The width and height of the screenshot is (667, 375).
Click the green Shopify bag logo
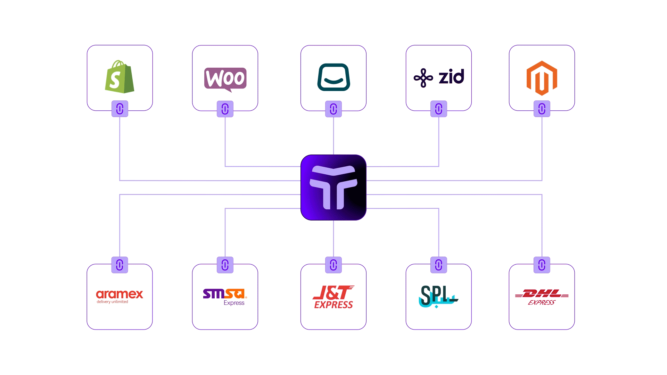pos(120,77)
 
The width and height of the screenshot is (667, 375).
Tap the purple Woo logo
pos(225,78)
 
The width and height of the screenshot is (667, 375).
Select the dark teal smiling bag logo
pos(333,77)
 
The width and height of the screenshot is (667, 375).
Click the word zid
pos(451,77)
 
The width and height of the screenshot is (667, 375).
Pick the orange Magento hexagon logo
pos(542,78)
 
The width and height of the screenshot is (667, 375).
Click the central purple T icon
pos(333,187)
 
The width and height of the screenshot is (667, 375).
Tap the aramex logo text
pos(120,294)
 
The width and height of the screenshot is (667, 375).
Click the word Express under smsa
pos(234,303)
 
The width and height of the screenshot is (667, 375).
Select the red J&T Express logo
pos(333,297)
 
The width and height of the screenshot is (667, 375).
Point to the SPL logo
pos(438,296)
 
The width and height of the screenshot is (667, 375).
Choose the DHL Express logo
pos(542,297)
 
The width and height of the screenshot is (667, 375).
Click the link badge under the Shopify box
pos(120,109)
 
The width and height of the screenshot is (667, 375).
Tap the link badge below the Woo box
pos(225,109)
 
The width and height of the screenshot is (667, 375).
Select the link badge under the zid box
pos(439,109)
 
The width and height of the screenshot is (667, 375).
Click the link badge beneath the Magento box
pos(542,109)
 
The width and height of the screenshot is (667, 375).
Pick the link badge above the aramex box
pos(120,265)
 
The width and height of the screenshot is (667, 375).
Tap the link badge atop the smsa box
pos(225,265)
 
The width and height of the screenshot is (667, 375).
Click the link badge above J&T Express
pos(333,265)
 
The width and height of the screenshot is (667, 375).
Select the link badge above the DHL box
pos(542,265)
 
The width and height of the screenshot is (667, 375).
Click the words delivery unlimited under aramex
pos(112,302)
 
